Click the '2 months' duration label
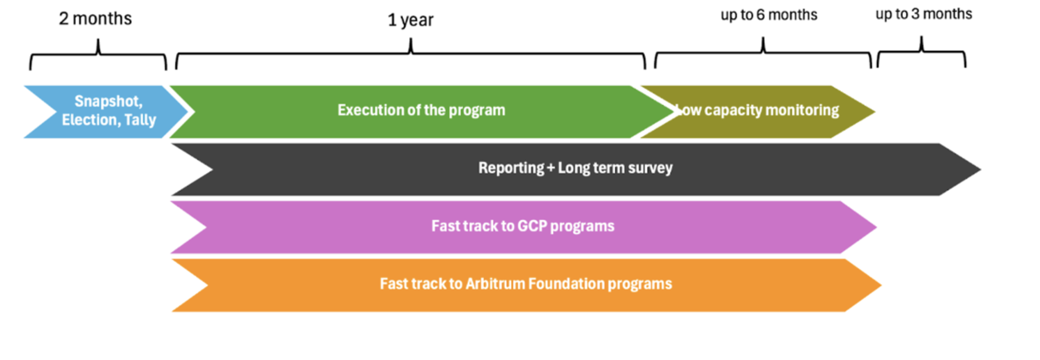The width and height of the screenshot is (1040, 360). pos(95,19)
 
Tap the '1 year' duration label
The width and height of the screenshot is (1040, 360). pos(410,20)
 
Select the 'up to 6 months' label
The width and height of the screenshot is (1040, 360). pos(768,15)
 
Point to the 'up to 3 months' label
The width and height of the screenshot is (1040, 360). pos(924,14)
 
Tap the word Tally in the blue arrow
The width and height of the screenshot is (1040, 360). pos(140,120)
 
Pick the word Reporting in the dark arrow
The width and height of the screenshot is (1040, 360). pos(511,168)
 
